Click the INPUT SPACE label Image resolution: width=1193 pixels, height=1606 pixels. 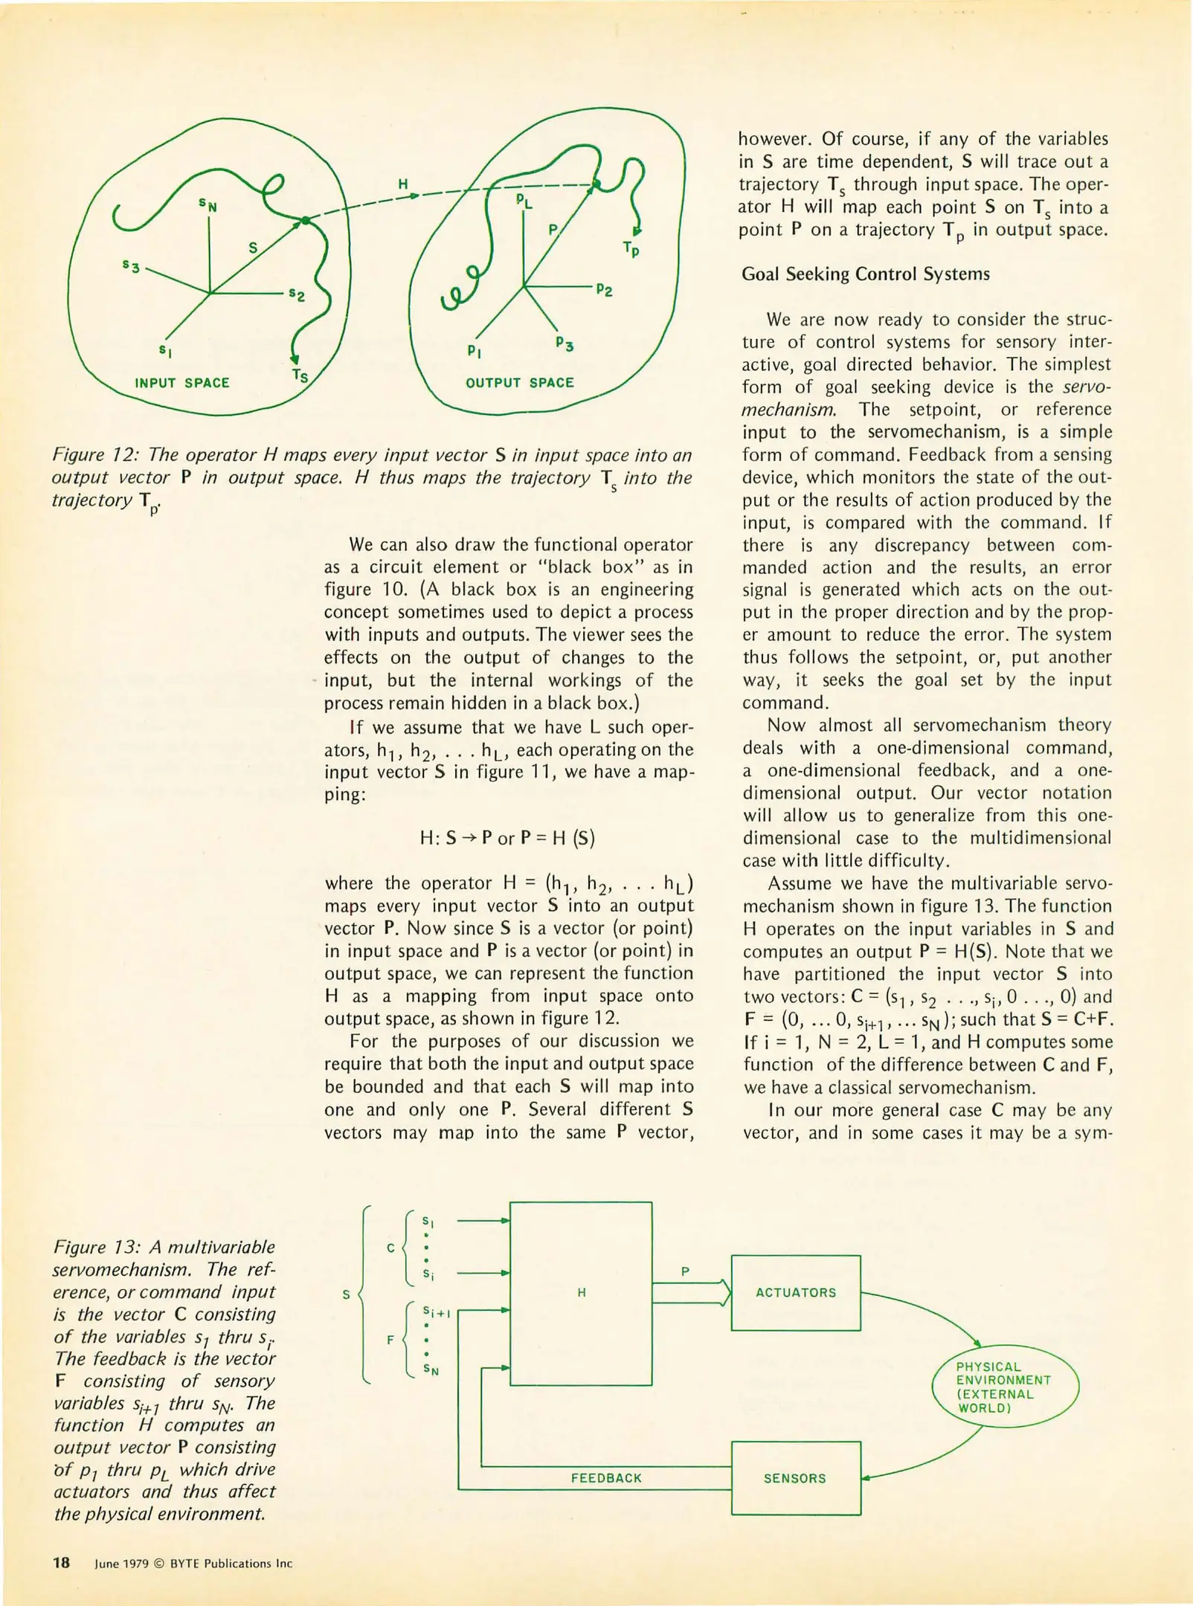point(181,383)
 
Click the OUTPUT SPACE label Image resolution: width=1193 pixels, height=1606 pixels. point(519,383)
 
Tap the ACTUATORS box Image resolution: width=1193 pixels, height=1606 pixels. point(795,1293)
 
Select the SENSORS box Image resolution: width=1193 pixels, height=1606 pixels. point(795,1479)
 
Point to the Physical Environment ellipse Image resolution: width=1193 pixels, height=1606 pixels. point(1004,1387)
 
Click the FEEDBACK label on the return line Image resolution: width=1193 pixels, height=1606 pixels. point(606,1478)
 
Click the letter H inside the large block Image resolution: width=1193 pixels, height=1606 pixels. point(582,1293)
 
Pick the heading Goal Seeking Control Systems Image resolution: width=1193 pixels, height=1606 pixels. point(865,274)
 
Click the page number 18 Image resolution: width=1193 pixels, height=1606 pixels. point(61,1563)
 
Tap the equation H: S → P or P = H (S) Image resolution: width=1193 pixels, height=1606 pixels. point(507,838)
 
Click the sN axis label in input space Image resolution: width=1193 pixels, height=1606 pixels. point(208,204)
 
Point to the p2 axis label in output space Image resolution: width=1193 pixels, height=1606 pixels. point(604,290)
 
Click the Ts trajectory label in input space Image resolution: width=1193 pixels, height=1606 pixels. point(300,376)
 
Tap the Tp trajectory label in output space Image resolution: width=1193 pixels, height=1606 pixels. point(631,249)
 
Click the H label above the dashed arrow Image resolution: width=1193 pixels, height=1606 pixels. point(402,184)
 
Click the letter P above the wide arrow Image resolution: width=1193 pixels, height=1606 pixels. point(685,1271)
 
